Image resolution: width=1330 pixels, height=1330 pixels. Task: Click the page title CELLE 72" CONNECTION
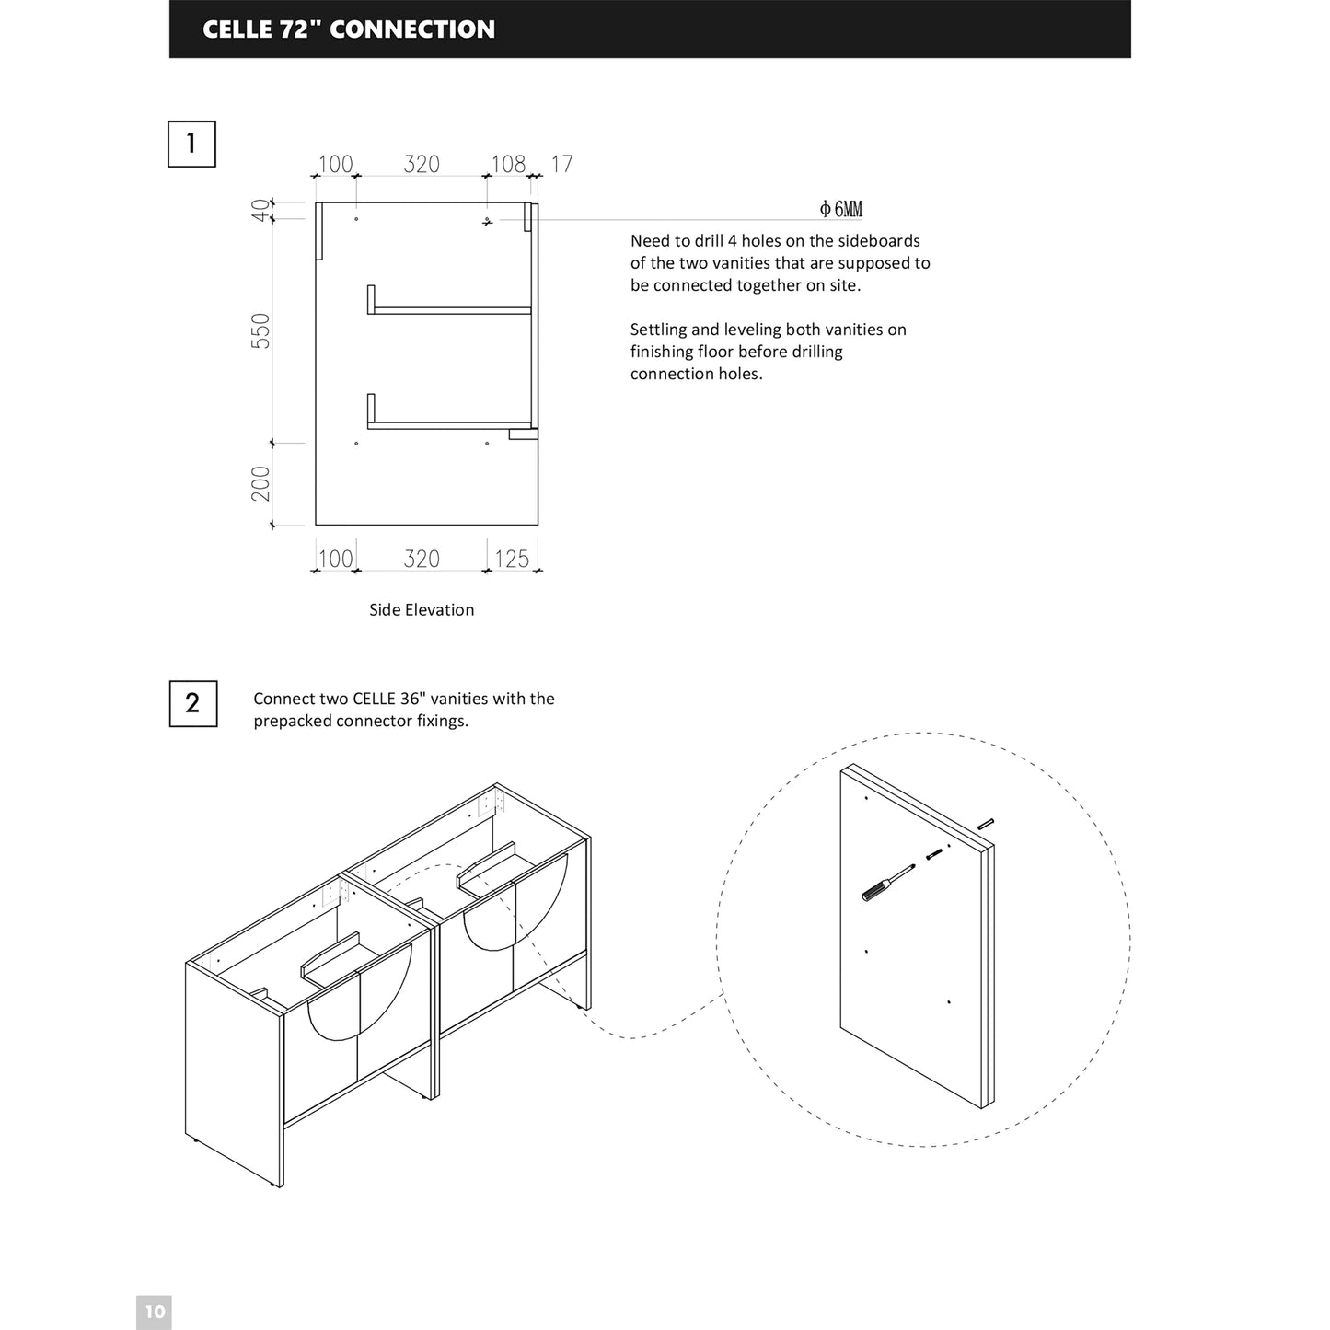point(349,29)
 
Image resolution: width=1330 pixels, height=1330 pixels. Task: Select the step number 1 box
point(191,144)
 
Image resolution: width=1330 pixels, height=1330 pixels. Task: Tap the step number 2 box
point(192,703)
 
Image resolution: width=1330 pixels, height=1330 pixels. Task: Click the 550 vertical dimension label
point(261,330)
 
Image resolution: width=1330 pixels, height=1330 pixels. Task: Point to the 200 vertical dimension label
point(261,483)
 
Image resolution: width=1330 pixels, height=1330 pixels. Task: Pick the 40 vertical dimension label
point(261,210)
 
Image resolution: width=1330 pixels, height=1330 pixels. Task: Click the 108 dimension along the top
point(508,164)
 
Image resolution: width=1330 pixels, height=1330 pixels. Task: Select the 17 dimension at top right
point(561,164)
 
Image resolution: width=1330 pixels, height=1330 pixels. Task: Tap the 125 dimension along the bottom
point(512,559)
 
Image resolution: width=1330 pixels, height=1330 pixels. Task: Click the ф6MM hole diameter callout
point(841,210)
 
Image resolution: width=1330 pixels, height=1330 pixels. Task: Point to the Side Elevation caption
point(422,609)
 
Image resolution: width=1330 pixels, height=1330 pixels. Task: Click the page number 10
point(154,1312)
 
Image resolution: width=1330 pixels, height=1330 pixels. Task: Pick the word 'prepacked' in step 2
point(292,721)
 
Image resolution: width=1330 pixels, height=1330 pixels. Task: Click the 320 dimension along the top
point(422,164)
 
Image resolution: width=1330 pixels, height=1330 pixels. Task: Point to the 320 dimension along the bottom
point(422,559)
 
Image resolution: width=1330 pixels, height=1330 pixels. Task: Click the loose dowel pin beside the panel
point(986,823)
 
